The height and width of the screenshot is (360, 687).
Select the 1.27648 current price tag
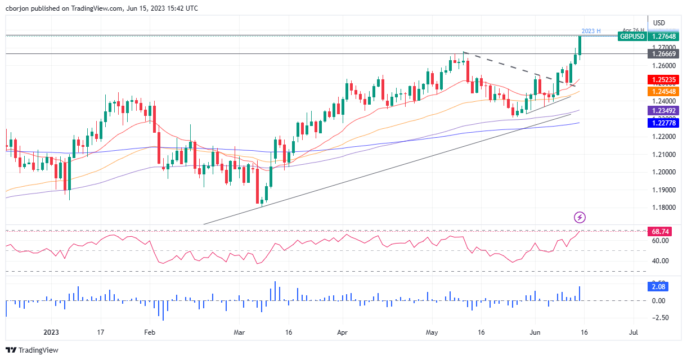(x=664, y=36)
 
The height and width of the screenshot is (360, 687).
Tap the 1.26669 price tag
(x=664, y=54)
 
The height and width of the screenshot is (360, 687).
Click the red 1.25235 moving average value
(x=664, y=80)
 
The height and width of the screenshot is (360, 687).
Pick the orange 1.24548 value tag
(x=664, y=91)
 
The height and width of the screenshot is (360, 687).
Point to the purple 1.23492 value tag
(x=664, y=111)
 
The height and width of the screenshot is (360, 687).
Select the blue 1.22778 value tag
(x=664, y=123)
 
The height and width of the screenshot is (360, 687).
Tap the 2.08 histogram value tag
(x=658, y=287)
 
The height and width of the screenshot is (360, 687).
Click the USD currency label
(x=659, y=23)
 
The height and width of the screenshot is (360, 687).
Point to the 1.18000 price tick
(x=663, y=208)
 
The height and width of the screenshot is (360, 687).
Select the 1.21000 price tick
(x=663, y=154)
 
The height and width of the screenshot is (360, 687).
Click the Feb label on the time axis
(x=150, y=332)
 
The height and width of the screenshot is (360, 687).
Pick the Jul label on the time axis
(x=634, y=332)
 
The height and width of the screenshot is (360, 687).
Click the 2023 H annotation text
(x=591, y=30)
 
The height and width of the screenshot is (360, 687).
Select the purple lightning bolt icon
(x=580, y=217)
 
